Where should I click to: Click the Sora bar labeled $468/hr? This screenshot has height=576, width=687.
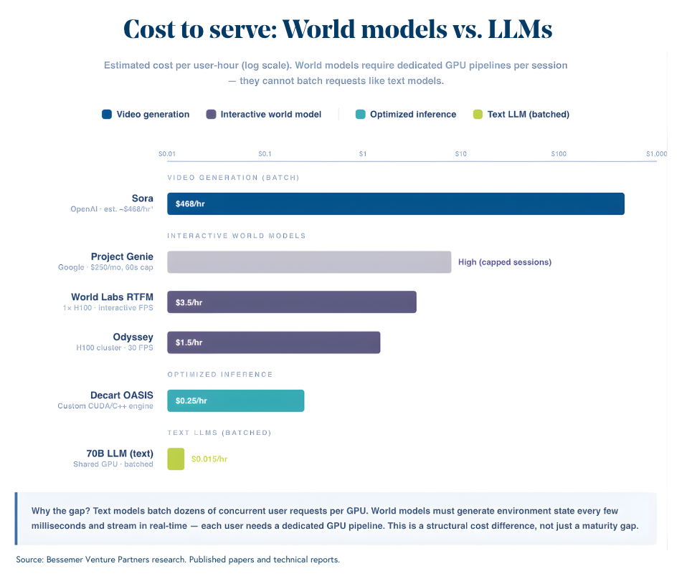[x=395, y=203]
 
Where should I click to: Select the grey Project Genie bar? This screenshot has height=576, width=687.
[x=309, y=262]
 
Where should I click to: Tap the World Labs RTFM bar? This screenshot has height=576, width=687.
[x=291, y=302]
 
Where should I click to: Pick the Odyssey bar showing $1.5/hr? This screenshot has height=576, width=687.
[x=273, y=342]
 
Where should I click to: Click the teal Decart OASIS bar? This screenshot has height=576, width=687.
[x=235, y=400]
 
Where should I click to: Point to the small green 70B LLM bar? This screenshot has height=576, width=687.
[x=176, y=459]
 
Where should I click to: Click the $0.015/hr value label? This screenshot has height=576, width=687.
[x=209, y=459]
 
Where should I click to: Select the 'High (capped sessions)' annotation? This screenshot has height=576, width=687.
[x=504, y=262]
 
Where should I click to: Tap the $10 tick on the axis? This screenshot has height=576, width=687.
[x=460, y=153]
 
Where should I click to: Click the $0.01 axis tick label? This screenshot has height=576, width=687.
[x=167, y=153]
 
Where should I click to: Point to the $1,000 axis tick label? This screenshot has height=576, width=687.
[x=655, y=153]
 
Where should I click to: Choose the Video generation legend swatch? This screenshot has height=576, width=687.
[x=107, y=114]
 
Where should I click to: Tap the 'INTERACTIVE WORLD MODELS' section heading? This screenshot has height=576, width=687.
[x=237, y=236]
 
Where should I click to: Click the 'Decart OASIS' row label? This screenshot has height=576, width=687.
[x=121, y=395]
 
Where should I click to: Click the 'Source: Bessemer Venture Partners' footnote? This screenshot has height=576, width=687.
[x=100, y=559]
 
